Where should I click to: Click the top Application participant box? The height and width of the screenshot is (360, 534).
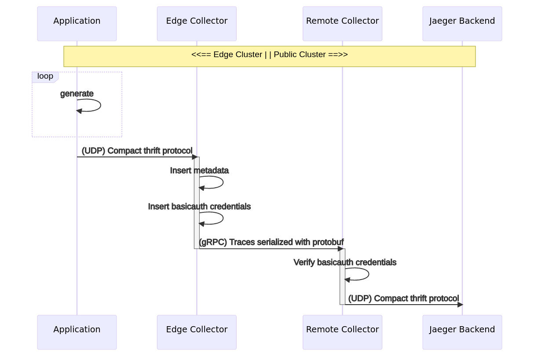point(77,24)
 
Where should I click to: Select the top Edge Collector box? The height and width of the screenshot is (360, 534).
point(197,24)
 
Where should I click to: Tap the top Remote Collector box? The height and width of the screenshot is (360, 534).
point(342,24)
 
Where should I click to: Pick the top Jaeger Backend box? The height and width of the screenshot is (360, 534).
point(462,24)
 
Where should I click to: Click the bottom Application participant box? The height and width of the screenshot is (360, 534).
point(77,332)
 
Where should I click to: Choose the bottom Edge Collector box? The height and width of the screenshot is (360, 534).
point(197,332)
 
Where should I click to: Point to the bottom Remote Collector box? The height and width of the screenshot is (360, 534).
point(342,332)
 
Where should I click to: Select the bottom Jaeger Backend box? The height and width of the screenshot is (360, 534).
point(462,332)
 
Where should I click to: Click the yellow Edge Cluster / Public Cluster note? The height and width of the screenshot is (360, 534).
point(269,56)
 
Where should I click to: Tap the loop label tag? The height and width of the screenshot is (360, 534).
point(45,76)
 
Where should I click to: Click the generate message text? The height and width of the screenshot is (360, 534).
point(77,94)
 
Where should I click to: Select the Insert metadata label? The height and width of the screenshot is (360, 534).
point(199,171)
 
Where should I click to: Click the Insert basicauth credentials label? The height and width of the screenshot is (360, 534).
point(199,207)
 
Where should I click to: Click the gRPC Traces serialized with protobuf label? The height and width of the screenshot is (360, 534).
point(271,242)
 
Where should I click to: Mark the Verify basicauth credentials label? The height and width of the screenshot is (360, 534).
point(345,262)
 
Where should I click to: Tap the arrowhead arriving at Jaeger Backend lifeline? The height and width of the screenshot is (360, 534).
point(460,305)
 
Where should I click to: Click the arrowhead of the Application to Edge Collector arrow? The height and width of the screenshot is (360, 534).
point(195,157)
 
